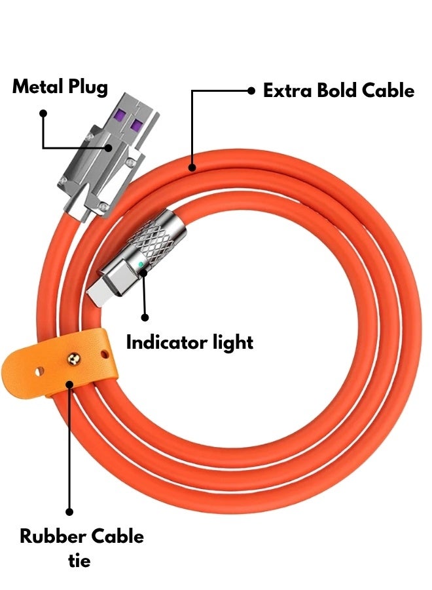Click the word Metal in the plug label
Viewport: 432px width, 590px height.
[x=37, y=87]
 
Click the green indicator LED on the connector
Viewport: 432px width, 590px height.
[x=141, y=264]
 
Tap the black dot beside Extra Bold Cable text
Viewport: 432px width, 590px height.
[x=251, y=92]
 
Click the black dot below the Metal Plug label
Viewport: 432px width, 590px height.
[x=43, y=113]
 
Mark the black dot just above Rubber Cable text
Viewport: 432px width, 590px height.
[x=69, y=511]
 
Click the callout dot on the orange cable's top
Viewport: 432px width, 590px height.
[x=192, y=167]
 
